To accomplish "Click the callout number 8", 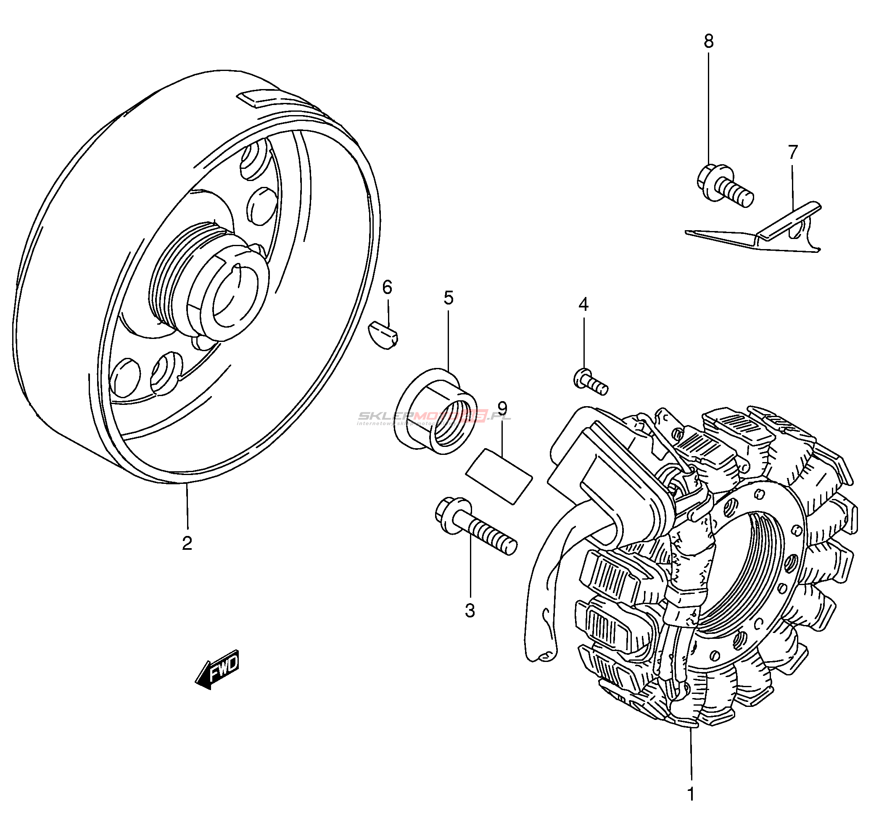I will pyautogui.click(x=709, y=41).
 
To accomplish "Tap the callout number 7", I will pyautogui.click(x=793, y=152).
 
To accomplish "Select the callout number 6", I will pyautogui.click(x=387, y=288).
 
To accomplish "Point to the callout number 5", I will pyautogui.click(x=449, y=298).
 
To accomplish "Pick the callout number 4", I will pyautogui.click(x=583, y=305).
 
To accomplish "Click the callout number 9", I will pyautogui.click(x=502, y=407).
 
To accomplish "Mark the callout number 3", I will pyautogui.click(x=470, y=611).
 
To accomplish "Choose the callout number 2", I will pyautogui.click(x=187, y=543).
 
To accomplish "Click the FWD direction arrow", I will pyautogui.click(x=218, y=669).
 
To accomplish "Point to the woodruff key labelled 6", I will pyautogui.click(x=383, y=335).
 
